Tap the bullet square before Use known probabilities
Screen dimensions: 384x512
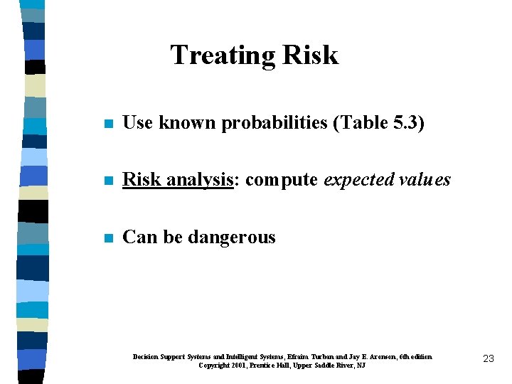107,124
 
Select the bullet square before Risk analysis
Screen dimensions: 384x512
107,181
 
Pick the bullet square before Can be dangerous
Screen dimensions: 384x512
107,238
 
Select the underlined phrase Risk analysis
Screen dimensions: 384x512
178,180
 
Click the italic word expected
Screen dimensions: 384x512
357,180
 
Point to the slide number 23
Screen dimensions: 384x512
488,359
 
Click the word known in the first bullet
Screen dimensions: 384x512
188,123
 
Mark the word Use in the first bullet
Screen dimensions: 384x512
138,123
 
